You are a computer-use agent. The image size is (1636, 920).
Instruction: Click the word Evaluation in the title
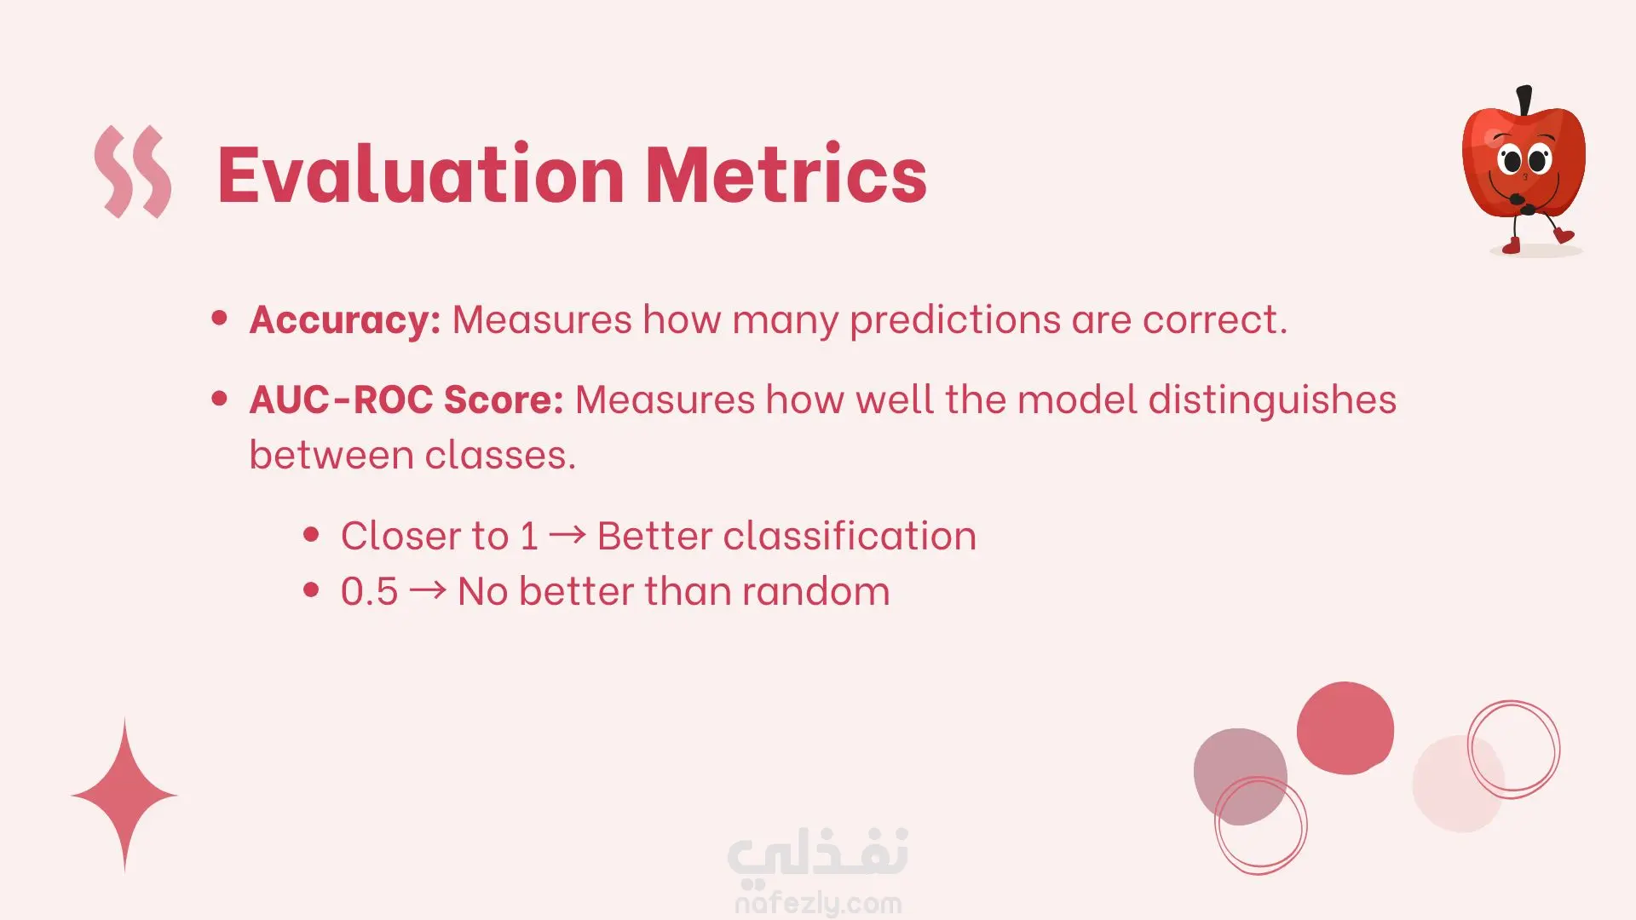coord(422,174)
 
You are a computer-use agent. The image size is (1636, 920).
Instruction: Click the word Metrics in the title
coord(786,174)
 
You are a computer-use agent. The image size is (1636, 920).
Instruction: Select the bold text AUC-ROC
coord(341,400)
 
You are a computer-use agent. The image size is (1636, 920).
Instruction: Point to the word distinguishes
coord(1272,400)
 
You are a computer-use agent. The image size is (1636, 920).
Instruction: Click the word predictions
coord(955,320)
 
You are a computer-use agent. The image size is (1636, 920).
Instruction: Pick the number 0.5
coord(369,591)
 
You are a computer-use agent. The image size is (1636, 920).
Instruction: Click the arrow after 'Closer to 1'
coord(567,535)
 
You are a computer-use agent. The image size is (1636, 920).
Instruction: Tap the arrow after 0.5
coord(428,590)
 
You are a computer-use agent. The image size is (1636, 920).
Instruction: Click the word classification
coord(850,536)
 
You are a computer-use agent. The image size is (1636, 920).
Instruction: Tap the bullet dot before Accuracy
coord(220,319)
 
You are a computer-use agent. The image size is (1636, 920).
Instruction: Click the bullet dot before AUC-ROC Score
coord(220,398)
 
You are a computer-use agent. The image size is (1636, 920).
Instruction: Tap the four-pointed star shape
coord(124,795)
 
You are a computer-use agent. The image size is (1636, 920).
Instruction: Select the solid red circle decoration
coord(1345,728)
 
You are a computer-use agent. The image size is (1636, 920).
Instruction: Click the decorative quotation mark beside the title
coord(133,171)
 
